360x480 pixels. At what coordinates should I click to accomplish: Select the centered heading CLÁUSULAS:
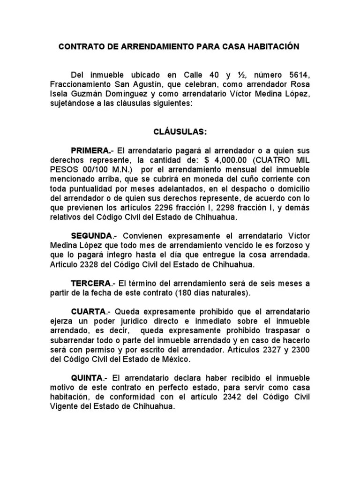180,132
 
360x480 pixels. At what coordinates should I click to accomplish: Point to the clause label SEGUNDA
91,235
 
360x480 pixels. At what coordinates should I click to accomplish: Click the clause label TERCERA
90,284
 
